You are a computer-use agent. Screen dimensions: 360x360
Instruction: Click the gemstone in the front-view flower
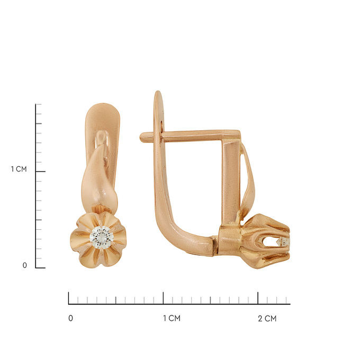tap(102, 238)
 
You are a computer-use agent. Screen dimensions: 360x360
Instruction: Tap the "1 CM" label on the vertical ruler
tap(19, 169)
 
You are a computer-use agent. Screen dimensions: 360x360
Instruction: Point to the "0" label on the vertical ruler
tap(24, 265)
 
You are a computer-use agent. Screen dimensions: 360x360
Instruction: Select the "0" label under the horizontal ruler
tap(71, 318)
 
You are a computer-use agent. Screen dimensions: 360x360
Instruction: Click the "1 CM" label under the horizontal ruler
tap(172, 318)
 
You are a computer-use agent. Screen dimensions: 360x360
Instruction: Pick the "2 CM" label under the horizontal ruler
tap(267, 319)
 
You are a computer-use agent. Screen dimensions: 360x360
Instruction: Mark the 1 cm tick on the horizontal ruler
tap(163, 298)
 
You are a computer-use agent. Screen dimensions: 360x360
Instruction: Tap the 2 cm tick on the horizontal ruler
tap(258, 298)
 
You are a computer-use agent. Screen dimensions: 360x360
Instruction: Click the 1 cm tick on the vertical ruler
tap(40, 172)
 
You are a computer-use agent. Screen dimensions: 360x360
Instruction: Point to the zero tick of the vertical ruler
tap(40, 268)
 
